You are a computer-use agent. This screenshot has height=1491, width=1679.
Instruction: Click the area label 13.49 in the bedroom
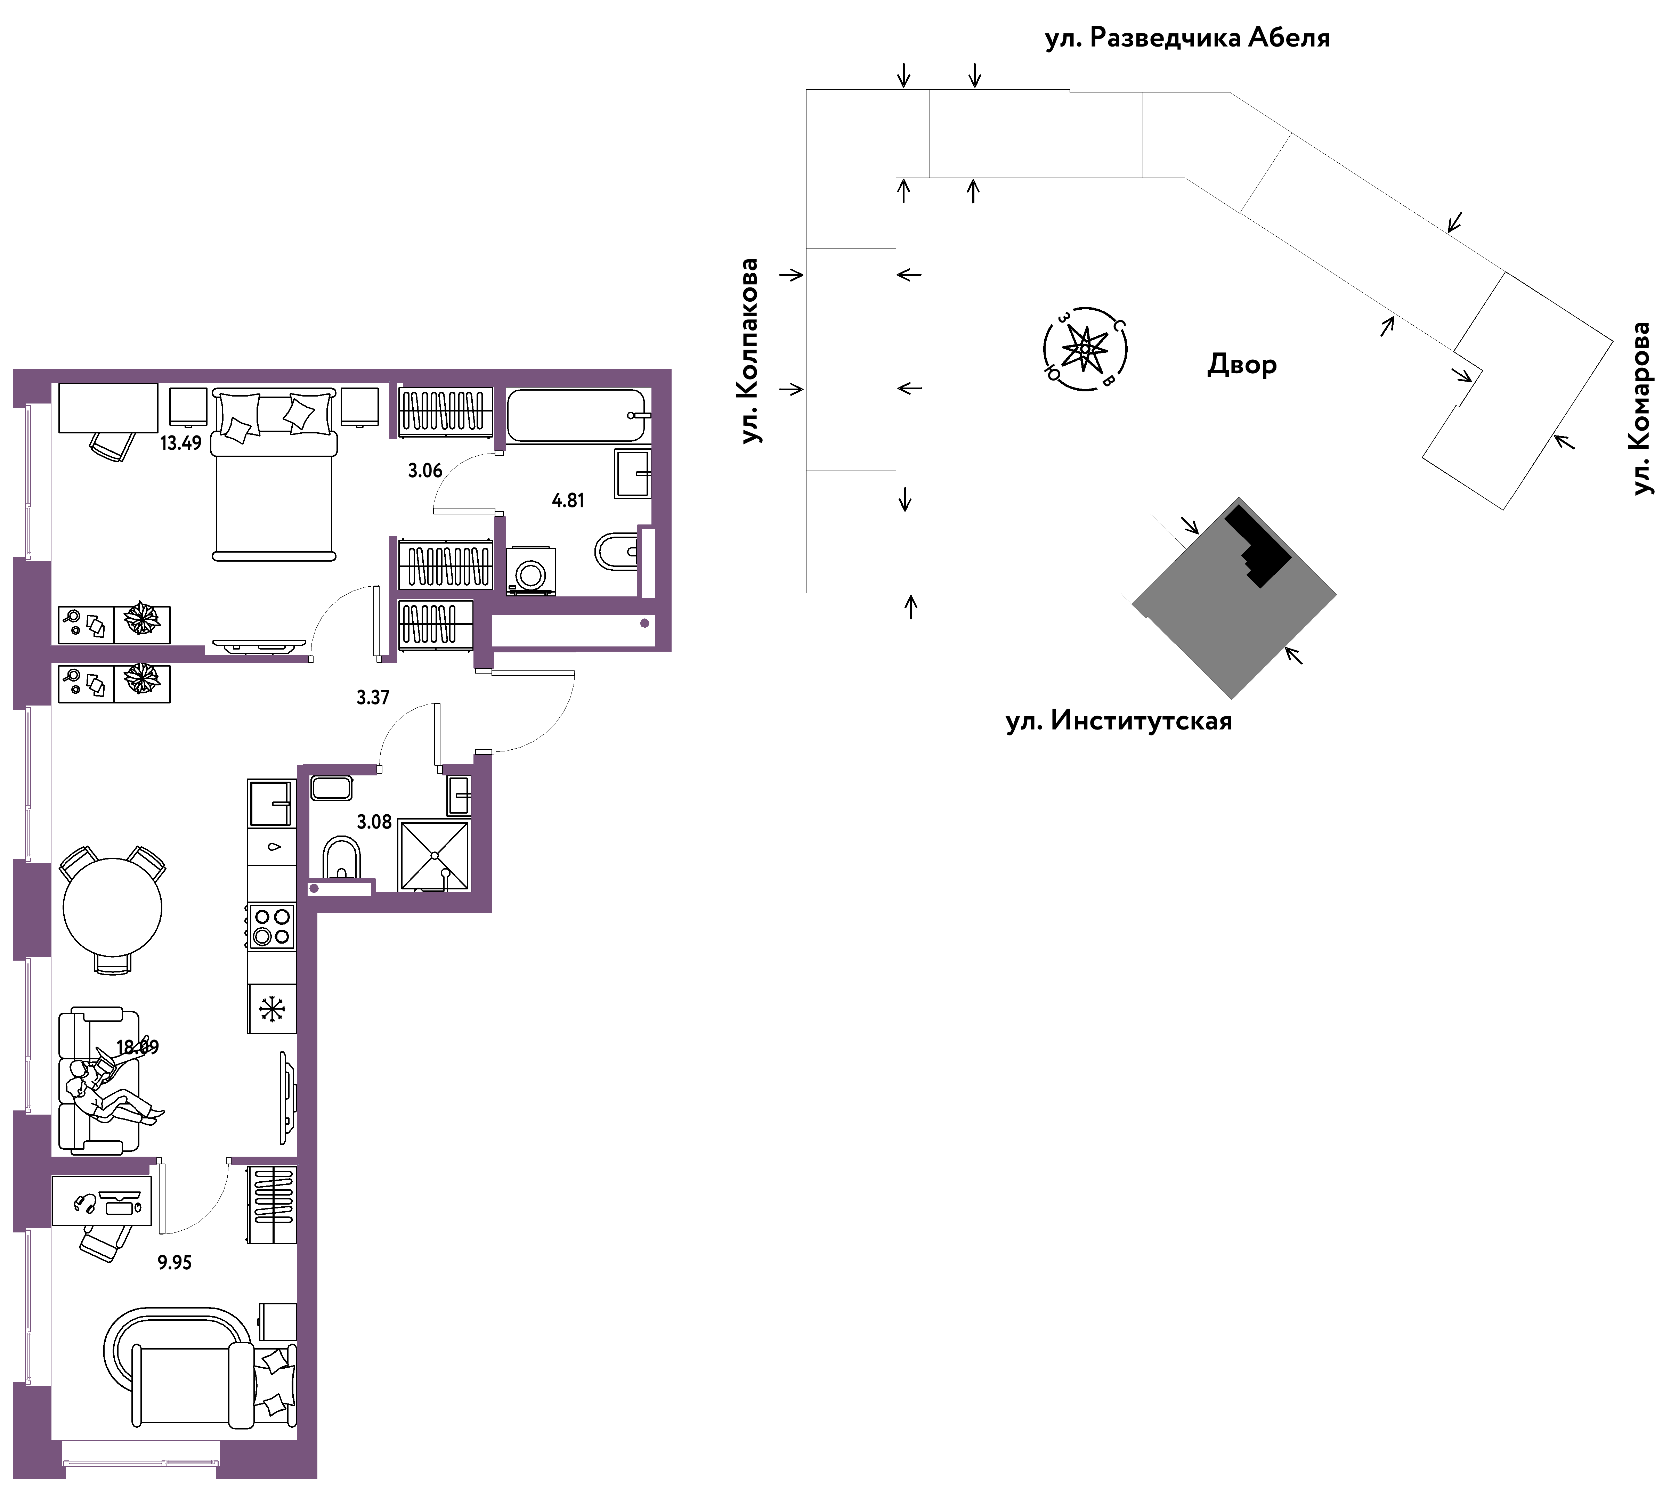click(x=181, y=443)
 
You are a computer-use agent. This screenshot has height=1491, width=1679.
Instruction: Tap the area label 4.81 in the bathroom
click(x=568, y=500)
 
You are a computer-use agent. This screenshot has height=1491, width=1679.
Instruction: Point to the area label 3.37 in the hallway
click(x=373, y=698)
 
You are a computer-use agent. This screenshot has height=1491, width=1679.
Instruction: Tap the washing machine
click(x=530, y=571)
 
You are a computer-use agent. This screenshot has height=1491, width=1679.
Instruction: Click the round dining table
click(x=113, y=908)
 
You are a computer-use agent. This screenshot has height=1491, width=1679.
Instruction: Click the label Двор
click(x=1242, y=364)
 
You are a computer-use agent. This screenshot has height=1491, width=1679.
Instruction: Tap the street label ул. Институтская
click(x=1119, y=721)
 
